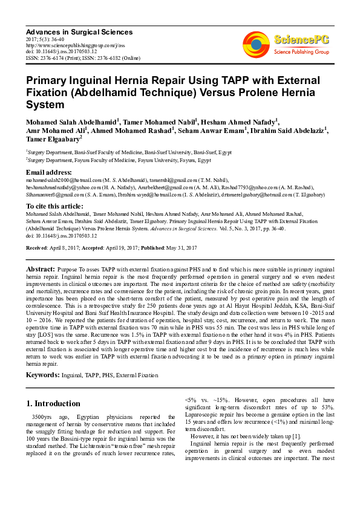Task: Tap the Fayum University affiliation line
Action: pos(119,161)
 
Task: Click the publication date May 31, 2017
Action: pos(185,248)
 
